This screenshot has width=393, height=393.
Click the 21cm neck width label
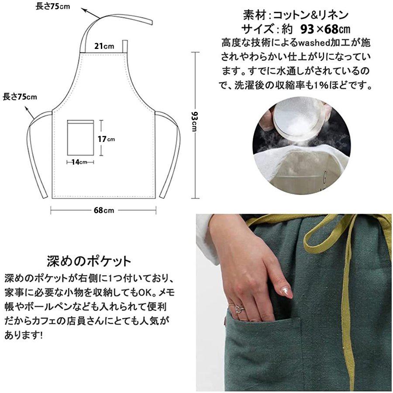[x=105, y=46]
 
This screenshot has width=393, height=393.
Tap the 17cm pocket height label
[x=106, y=139]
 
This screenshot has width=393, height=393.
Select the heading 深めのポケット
[x=89, y=261]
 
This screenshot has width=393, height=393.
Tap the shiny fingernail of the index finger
[x=286, y=292]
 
